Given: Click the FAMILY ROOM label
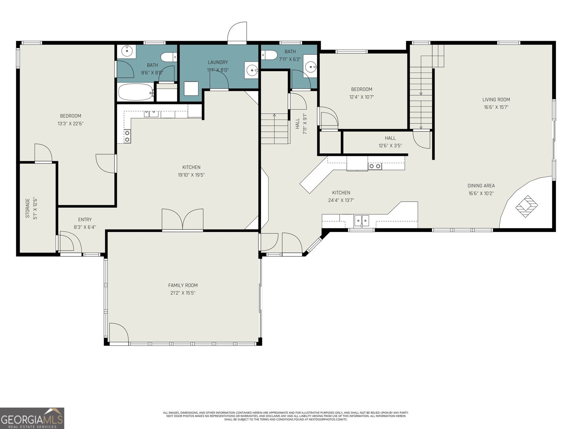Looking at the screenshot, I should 183,285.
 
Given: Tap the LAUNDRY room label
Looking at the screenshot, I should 218,62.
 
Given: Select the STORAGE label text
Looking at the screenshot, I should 28,208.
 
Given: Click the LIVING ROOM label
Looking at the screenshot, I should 496,100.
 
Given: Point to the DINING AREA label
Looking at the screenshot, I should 481,186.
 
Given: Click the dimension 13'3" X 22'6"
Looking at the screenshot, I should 70,124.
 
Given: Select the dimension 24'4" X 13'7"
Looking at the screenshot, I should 341,201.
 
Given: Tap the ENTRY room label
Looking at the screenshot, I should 85,220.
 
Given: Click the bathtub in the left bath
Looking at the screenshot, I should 135,92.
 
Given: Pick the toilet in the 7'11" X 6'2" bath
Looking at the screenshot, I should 269,55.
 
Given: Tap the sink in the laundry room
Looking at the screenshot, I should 252,70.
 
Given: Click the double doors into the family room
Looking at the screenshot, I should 183,219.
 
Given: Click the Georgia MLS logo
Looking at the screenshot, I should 32,418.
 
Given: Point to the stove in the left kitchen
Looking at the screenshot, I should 127,136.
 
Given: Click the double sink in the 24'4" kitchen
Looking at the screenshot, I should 361,220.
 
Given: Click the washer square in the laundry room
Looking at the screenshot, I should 191,88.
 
